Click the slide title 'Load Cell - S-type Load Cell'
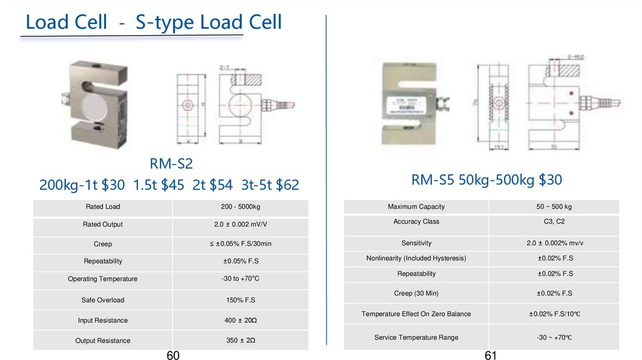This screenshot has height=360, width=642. coord(154,23)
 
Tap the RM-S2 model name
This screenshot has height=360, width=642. coord(171,164)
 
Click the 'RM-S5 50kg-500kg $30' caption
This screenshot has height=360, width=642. coord(487,180)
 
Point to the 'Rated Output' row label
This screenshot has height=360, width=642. coord(103,224)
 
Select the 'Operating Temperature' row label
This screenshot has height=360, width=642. coord(102,278)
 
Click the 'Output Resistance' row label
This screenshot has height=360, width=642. coord(103,341)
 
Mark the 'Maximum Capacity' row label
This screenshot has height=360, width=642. coord(416,206)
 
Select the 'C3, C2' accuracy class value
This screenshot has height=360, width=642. coord(555,221)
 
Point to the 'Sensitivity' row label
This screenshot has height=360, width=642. coord(416,243)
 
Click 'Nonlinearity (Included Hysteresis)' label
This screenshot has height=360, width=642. coord(416,258)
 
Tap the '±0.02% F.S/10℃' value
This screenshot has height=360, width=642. coord(555,314)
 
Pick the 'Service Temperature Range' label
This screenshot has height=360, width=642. coord(416,337)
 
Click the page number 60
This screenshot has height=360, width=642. coord(173,356)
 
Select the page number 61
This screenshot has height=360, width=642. coord(491,356)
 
